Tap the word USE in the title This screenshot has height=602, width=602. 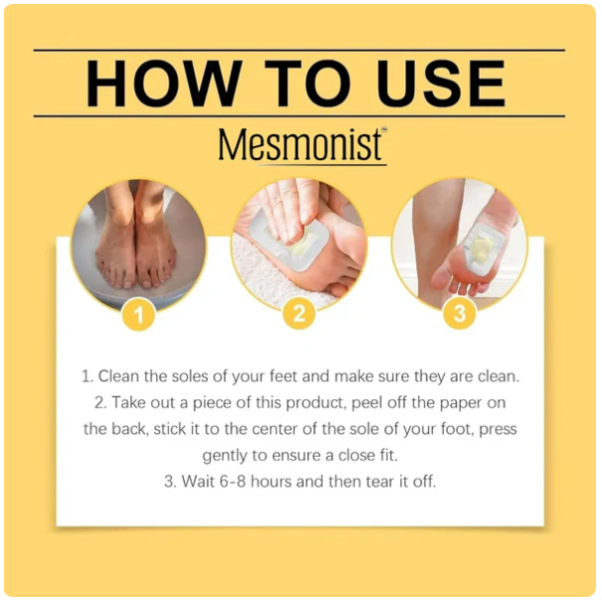[444, 84]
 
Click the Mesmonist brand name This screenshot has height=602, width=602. [300, 144]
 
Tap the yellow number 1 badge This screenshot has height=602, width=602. [138, 314]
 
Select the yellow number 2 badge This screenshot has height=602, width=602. [300, 313]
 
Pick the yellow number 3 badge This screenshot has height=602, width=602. [460, 313]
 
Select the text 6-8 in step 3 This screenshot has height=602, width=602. [232, 482]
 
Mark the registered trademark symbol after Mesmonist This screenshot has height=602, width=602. [384, 130]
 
